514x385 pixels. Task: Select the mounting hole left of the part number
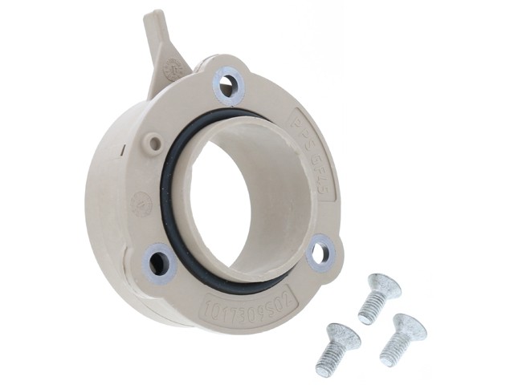(x=159, y=261)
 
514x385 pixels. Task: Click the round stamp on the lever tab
(x=173, y=71)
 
